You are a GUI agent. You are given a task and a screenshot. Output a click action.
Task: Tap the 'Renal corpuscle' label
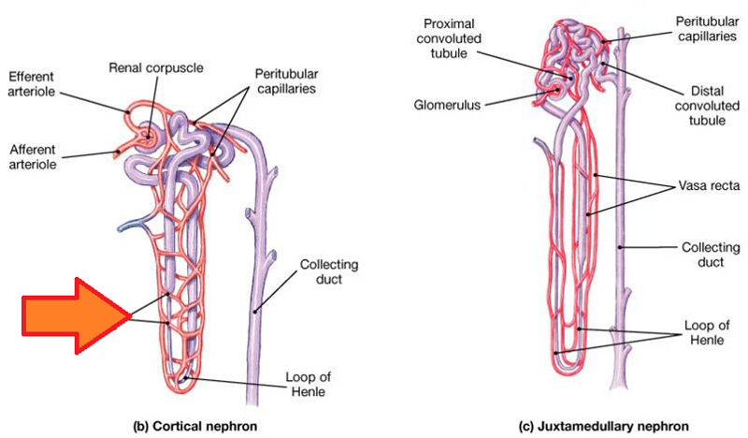point(156,67)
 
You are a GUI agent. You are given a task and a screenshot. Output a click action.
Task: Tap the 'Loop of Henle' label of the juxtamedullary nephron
point(700,332)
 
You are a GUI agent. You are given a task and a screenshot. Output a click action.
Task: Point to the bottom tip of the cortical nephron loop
point(188,379)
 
